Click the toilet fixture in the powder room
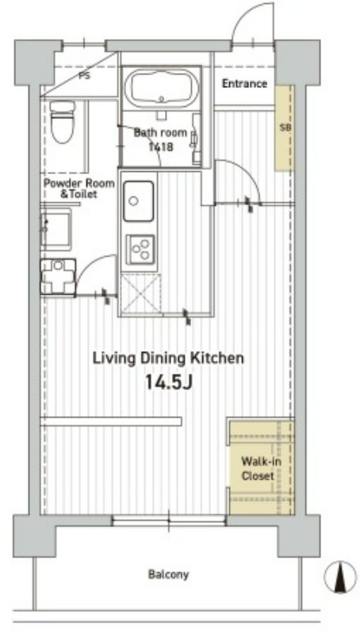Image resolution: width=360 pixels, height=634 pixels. pos(63,121)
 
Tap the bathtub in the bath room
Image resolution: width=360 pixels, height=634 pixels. pos(162,89)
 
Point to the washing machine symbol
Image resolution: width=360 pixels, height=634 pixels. pos(58,276)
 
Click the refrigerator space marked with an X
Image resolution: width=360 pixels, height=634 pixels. pos(140,293)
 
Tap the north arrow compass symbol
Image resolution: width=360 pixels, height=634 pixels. pos(341,577)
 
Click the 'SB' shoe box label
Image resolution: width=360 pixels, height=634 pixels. pos(285,128)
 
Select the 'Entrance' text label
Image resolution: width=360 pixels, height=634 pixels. pos(245,84)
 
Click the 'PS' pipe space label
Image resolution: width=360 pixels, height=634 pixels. pos(85,75)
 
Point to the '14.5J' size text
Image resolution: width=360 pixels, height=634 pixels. pos(168,382)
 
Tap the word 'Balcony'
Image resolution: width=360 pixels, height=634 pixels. pos(168,574)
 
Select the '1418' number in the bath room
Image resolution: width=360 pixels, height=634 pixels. pos(162,147)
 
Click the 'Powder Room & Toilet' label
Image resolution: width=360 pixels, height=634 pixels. pos(79,189)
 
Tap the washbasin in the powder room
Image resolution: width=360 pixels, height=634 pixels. pos(56,228)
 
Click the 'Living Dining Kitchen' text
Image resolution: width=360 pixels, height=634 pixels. pos(168,358)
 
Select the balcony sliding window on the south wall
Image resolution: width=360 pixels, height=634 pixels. pos(168,521)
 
